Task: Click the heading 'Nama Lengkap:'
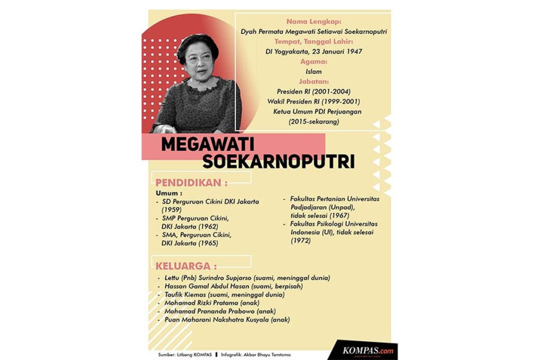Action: click(314, 22)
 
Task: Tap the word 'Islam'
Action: click(313, 72)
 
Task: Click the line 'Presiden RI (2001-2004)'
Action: click(313, 92)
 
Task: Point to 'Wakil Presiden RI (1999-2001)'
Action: click(313, 102)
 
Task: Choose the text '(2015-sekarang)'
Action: click(313, 122)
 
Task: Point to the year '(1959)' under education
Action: click(171, 210)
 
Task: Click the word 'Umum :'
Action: click(166, 193)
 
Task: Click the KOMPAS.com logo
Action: click(367, 350)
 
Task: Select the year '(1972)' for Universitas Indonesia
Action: click(301, 240)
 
